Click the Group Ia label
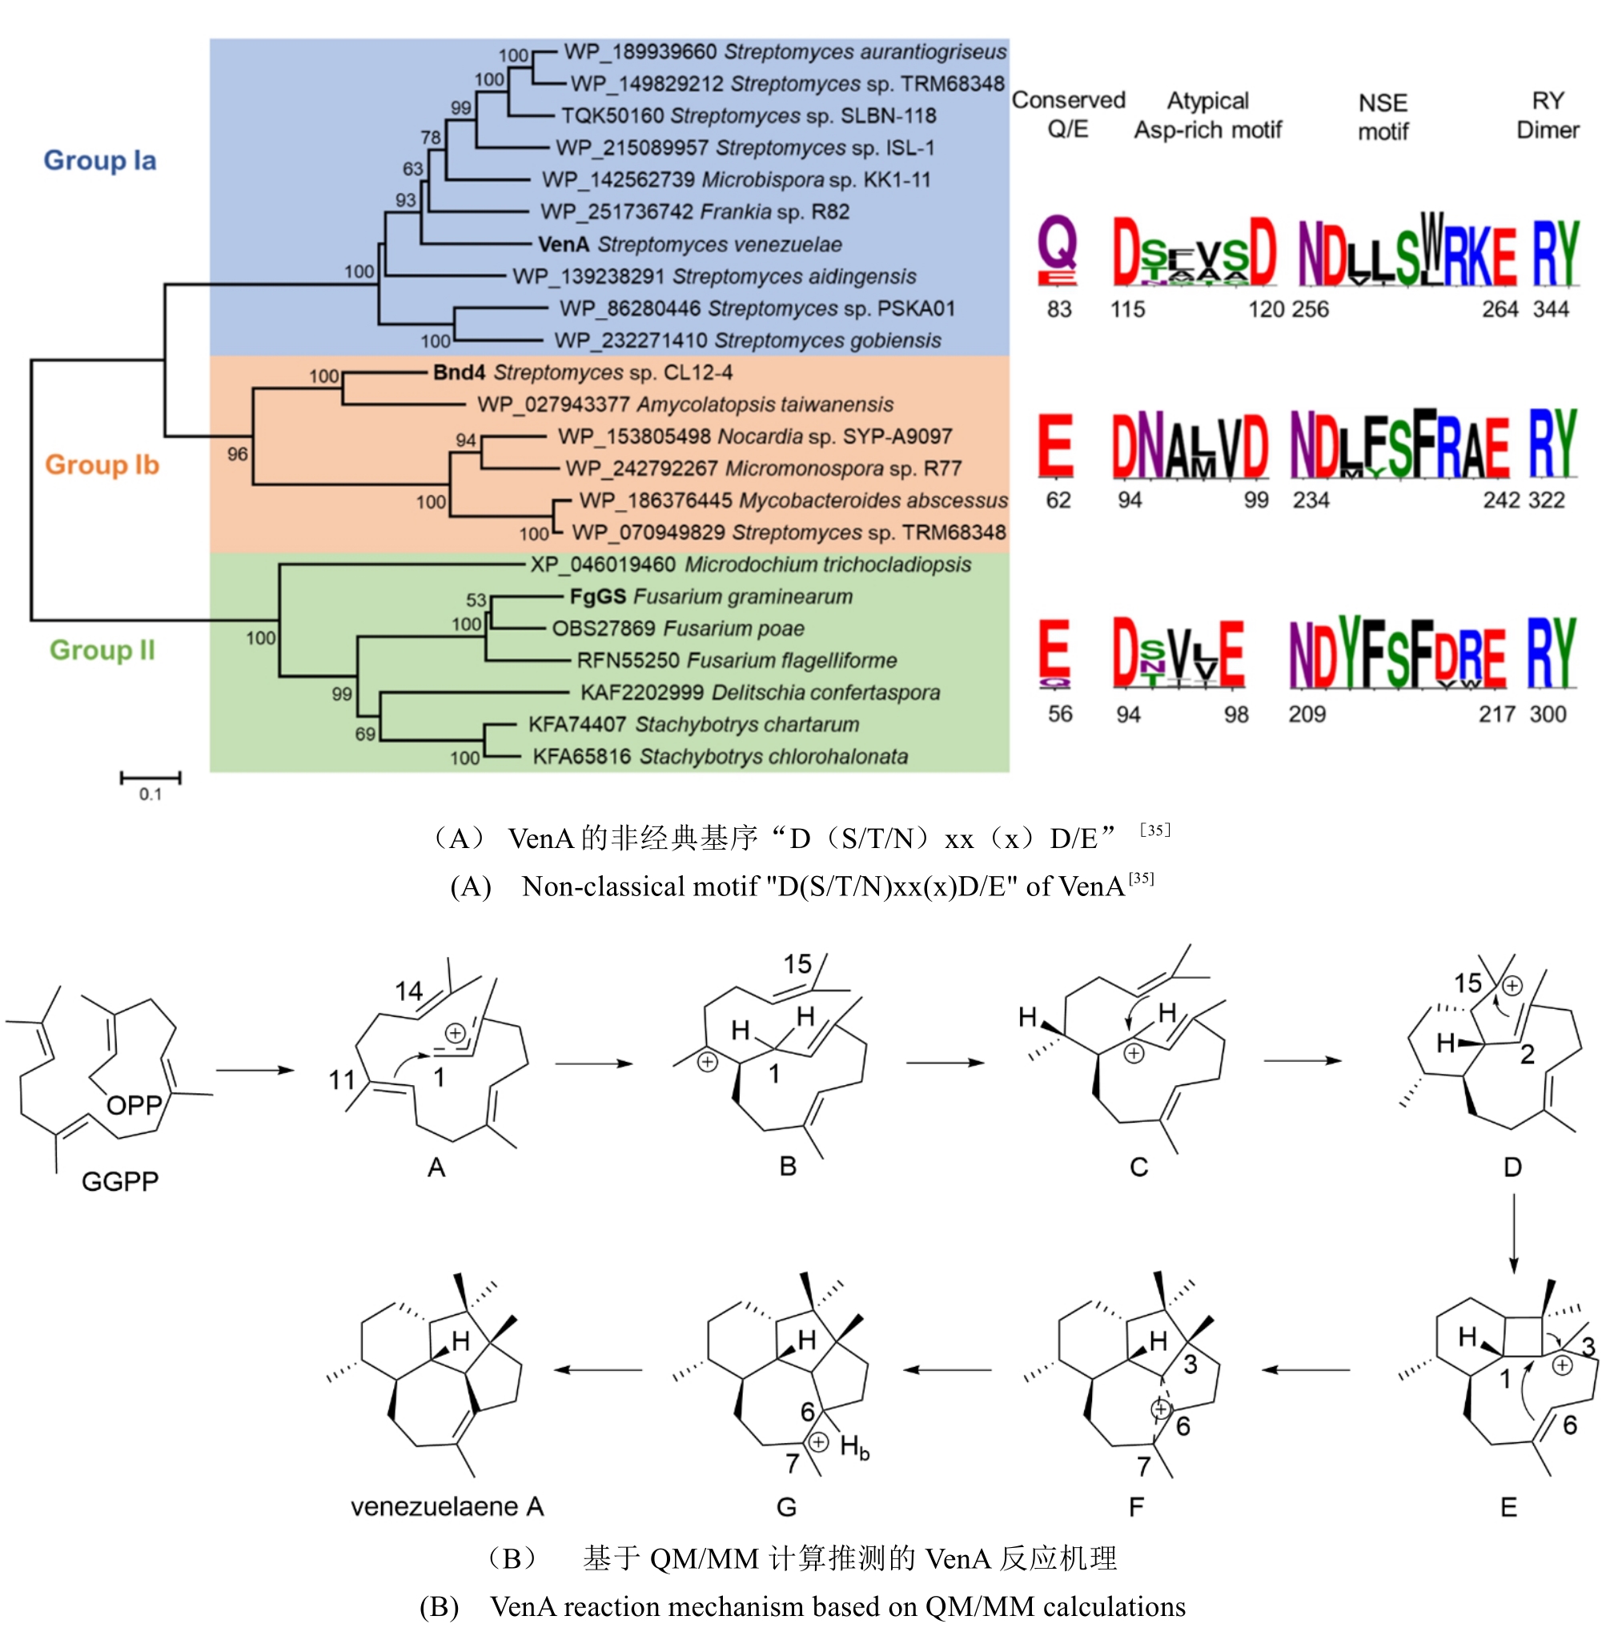(x=99, y=160)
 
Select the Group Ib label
(x=101, y=464)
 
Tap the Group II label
(x=102, y=650)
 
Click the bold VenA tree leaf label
(x=564, y=245)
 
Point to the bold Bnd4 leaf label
(x=460, y=373)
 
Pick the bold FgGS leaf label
(x=597, y=597)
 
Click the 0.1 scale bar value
(x=151, y=794)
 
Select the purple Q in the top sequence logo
(x=1058, y=245)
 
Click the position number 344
(x=1550, y=310)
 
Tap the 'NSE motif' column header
(x=1383, y=116)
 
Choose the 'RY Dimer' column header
(x=1548, y=115)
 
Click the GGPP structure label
(x=120, y=1181)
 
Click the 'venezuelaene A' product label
(x=447, y=1505)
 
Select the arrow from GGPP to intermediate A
(x=255, y=1071)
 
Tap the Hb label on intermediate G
(x=854, y=1448)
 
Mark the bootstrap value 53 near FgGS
(x=476, y=600)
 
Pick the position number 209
(x=1307, y=714)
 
